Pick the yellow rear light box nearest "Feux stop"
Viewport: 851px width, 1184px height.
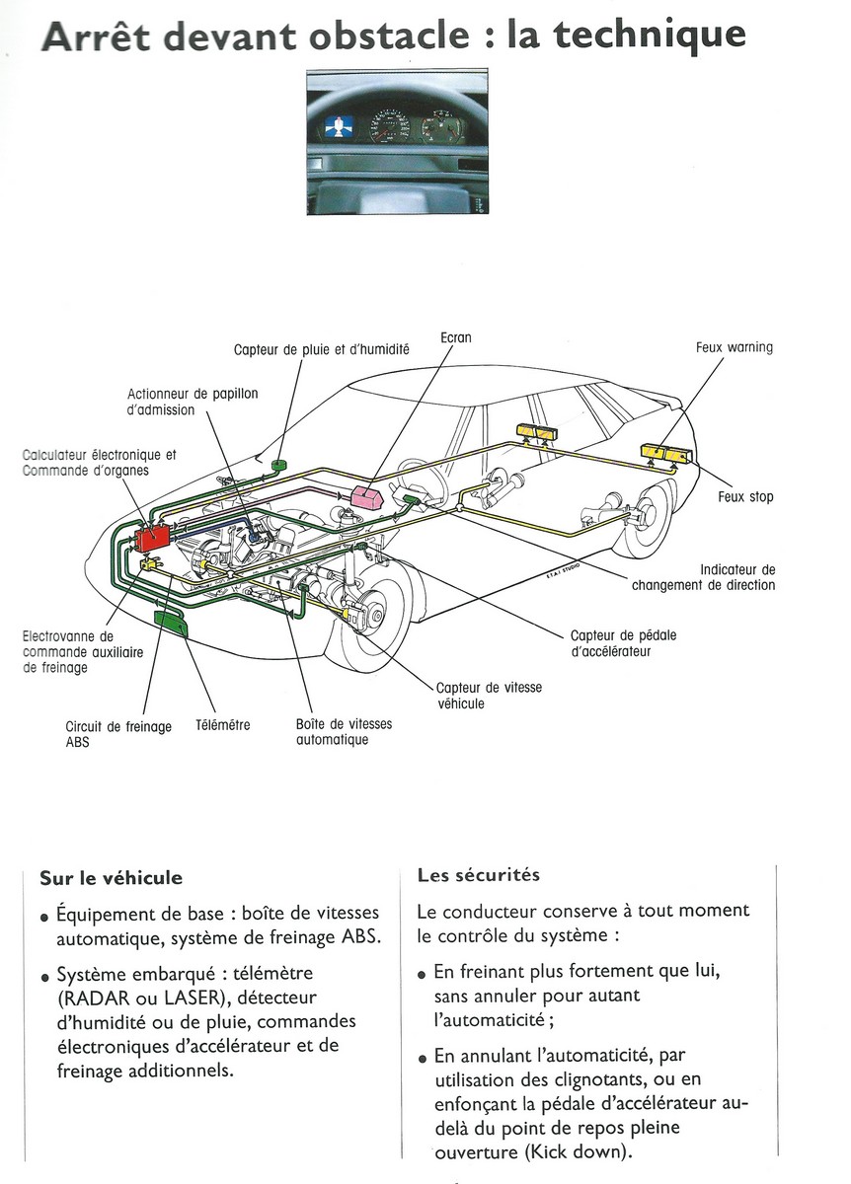(666, 453)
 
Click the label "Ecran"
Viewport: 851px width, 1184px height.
(455, 337)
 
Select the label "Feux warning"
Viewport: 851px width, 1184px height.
(734, 347)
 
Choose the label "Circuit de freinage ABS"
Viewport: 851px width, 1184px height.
(117, 734)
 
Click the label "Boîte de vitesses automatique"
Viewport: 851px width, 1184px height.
(343, 731)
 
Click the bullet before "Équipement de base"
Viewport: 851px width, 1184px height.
(44, 917)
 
